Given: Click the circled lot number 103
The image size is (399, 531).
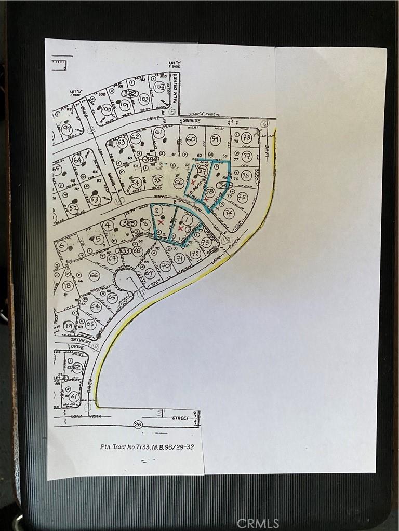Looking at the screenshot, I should [x=159, y=88].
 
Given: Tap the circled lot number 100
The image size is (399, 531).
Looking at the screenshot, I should [x=107, y=109].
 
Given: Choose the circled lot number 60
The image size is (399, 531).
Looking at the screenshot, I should [x=191, y=139].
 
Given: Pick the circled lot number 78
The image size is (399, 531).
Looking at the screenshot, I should [x=246, y=138].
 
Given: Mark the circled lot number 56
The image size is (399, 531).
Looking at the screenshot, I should [x=179, y=182].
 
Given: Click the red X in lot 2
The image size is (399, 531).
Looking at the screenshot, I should [x=161, y=222].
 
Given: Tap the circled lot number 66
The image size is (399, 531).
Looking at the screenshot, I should [x=94, y=275].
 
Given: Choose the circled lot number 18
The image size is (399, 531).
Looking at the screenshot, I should [x=68, y=286].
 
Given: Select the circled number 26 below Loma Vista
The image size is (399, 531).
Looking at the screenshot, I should [x=138, y=425].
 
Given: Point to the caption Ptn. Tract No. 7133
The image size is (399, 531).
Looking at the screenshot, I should [x=147, y=446].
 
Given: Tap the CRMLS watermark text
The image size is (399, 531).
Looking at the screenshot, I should [x=258, y=523].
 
